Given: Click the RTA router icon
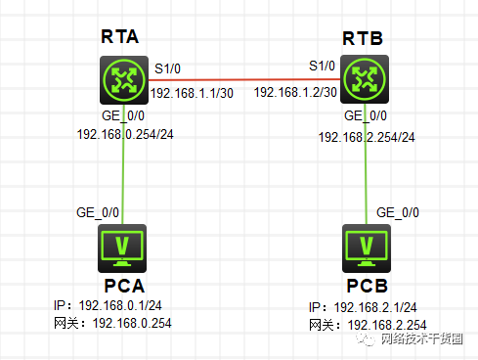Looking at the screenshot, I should point(123,81).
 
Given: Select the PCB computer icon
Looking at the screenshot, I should point(367,247).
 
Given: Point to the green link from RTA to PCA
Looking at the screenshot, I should point(123,176).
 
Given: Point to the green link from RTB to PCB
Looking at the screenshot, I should point(367,181).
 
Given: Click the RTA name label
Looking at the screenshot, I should point(121,37).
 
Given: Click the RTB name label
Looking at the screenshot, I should point(364,39).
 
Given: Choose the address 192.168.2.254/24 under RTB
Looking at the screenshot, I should point(367,136).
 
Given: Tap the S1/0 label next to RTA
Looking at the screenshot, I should point(168,69).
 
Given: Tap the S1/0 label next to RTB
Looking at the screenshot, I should point(322,67).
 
